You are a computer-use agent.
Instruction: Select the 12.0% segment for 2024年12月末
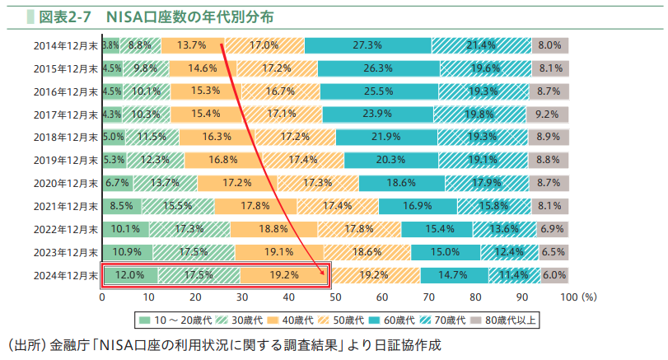tap(130, 274)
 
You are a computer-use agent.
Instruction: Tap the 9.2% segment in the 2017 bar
tap(547, 114)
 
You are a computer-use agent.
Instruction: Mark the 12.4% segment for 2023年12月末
tap(508, 251)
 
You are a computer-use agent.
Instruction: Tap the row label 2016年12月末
tap(66, 91)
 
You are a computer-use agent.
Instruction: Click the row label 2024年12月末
tap(66, 274)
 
